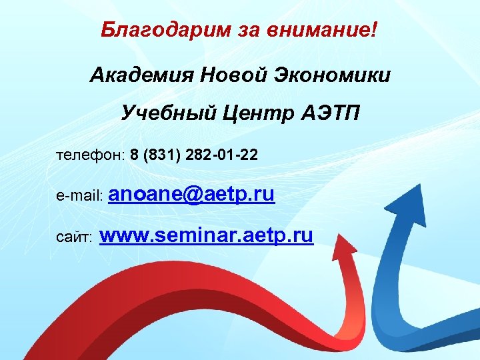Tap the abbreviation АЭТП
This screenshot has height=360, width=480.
pos(327,113)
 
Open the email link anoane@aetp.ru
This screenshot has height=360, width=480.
pos(191,195)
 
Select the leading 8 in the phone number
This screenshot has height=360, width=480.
pos(135,155)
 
